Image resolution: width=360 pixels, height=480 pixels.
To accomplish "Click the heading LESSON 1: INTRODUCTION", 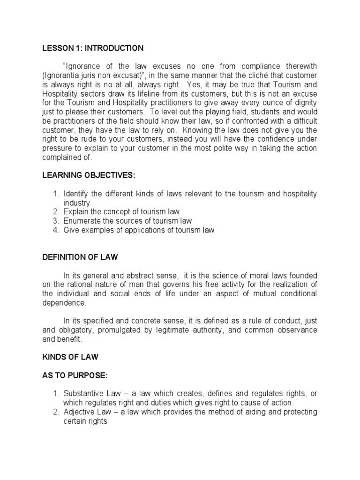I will click(93, 48).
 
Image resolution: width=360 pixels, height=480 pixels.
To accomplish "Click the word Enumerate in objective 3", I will click(81, 221).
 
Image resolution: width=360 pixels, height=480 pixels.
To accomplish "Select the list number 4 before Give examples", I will click(55, 230).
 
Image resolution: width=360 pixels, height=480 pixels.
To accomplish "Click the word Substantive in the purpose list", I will click(83, 394).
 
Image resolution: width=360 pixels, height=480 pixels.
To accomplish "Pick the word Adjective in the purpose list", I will click(80, 412).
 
